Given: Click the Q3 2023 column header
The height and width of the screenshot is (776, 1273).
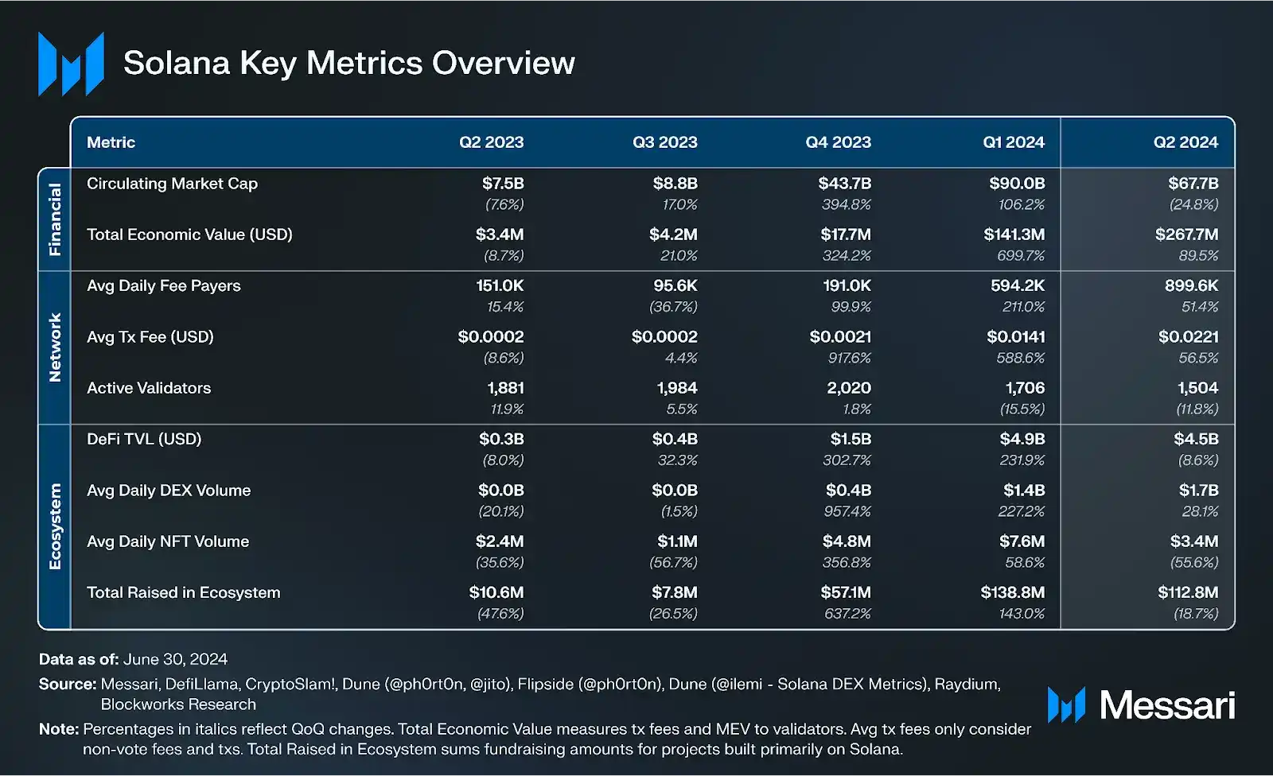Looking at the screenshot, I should click(664, 142).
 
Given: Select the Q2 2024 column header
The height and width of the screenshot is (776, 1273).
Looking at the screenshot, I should click(1185, 142).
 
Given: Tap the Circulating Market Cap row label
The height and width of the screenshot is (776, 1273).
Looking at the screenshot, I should click(172, 184).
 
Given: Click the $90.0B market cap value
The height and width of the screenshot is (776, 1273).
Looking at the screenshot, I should click(1017, 184).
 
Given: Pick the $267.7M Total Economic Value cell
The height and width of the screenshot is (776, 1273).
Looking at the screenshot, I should click(1186, 235).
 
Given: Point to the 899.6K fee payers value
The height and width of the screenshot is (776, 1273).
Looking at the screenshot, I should click(1191, 285).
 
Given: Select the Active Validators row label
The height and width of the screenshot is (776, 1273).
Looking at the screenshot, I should click(149, 388).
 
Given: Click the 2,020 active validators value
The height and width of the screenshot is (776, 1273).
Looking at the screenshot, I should click(848, 388).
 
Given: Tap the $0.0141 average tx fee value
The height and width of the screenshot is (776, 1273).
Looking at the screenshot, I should click(1015, 337).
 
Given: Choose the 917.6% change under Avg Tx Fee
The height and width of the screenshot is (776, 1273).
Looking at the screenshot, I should click(849, 358).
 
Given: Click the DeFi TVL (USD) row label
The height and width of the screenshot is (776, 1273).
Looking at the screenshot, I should click(144, 439).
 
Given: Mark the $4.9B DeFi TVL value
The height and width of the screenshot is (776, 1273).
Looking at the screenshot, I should click(1022, 439).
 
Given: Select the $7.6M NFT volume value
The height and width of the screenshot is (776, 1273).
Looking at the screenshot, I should click(1022, 541).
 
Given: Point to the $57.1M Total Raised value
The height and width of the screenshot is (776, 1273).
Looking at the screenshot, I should click(846, 592).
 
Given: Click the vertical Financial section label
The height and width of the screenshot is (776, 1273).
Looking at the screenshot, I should click(55, 219).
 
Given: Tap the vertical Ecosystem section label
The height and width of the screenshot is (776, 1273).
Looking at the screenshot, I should click(55, 526).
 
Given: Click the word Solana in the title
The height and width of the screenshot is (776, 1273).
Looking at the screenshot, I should click(177, 64).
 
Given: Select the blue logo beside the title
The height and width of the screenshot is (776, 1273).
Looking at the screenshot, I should click(71, 64).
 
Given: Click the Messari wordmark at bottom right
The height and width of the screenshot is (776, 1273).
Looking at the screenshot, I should click(1166, 705).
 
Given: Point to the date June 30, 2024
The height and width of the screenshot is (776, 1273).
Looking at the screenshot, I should click(175, 659).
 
